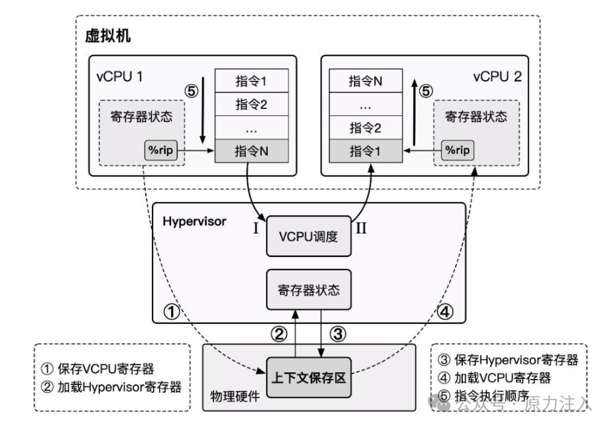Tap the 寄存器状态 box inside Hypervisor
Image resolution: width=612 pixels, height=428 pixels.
[308, 290]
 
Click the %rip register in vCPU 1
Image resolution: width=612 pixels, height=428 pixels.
[160, 150]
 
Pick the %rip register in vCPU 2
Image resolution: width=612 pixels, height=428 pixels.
[458, 150]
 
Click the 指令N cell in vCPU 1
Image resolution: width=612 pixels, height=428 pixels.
[251, 150]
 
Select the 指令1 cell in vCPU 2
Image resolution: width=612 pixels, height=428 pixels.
[366, 150]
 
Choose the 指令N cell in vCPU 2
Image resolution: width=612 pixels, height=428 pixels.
[366, 81]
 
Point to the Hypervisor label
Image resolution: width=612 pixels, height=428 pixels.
[194, 221]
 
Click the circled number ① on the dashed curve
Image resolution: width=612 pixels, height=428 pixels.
[171, 311]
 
